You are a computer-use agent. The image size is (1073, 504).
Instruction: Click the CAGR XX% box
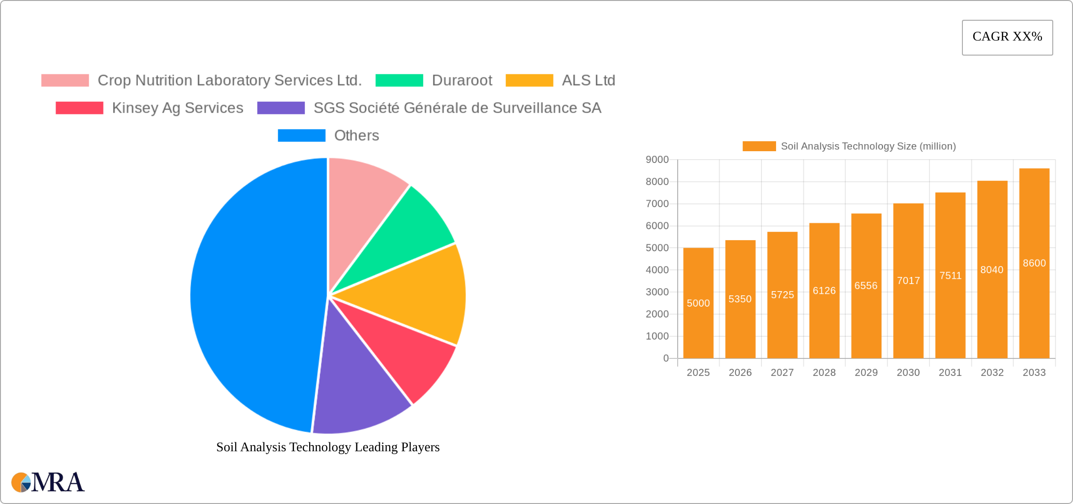tap(1007, 37)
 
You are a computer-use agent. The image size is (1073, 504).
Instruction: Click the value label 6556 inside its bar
tap(866, 285)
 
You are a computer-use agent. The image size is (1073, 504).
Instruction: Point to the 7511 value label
tap(950, 276)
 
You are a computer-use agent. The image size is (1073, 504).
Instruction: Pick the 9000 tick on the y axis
tap(657, 160)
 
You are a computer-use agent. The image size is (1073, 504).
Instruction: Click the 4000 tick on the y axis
tap(657, 270)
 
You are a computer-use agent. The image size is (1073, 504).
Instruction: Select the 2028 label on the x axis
tap(824, 373)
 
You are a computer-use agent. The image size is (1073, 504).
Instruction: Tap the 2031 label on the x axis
tap(950, 373)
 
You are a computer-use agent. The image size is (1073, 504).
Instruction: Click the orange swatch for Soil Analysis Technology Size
tap(759, 146)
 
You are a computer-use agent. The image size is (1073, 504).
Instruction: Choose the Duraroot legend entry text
tap(462, 81)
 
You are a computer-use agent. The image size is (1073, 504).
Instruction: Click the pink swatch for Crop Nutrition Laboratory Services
tap(65, 81)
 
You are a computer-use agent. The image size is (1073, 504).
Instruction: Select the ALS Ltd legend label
tap(588, 81)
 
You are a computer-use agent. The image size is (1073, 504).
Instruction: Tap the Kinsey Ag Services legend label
tap(177, 108)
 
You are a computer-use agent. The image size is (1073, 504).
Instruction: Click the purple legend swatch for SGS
tap(281, 108)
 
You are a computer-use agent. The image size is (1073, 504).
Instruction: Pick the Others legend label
tap(356, 136)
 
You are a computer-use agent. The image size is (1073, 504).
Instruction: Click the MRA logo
tap(48, 482)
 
